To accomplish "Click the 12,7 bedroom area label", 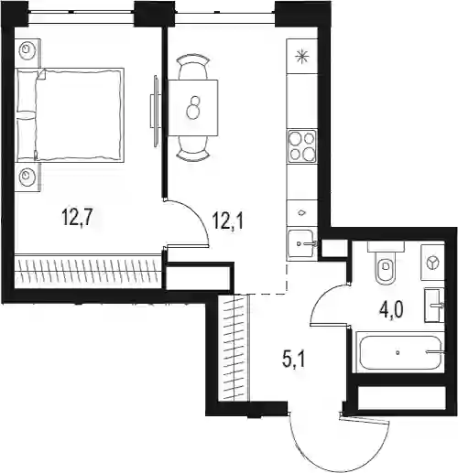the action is coord(77,217).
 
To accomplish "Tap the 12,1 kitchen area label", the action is coord(228,220).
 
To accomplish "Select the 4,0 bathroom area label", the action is coord(391,309).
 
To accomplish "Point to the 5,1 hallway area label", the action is coord(294,360).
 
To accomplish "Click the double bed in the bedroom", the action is coord(70,115).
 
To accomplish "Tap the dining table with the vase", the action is coord(193,108).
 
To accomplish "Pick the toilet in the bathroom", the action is coord(386,263).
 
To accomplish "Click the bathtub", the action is coord(400,352).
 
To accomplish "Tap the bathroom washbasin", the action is coord(434,306).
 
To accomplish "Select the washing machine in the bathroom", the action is coord(432,263).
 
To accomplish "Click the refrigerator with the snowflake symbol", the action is coord(301,56).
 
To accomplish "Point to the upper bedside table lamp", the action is coord(27,49).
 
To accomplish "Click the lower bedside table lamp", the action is coord(27,177).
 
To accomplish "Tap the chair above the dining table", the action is coord(193,67).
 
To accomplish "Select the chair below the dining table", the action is coord(193,148).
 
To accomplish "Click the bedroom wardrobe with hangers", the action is coord(88,270).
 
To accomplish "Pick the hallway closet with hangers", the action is coord(234,347).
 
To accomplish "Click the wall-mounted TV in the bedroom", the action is coord(155,111).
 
